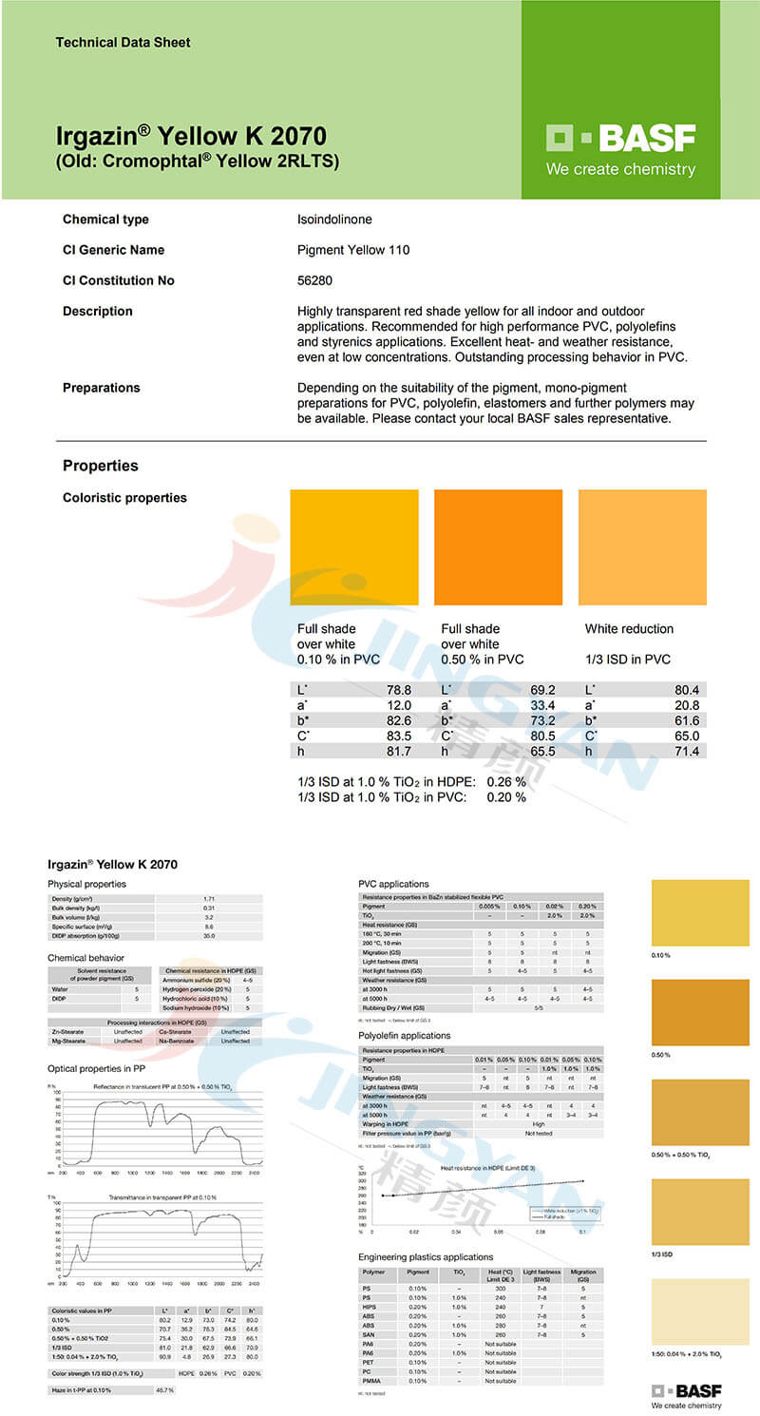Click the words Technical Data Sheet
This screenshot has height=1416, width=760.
(123, 43)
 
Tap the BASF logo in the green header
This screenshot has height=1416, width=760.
(620, 140)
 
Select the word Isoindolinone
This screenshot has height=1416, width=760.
(334, 220)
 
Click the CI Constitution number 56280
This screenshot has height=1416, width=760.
(315, 280)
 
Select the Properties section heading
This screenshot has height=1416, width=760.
(100, 466)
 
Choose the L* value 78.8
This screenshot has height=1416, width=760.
(398, 690)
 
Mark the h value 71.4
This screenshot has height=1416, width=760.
(686, 752)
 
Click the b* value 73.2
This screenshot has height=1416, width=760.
(542, 721)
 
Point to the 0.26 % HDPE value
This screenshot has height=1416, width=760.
(506, 782)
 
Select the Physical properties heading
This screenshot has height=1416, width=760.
(86, 884)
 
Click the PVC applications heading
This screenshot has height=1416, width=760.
(393, 884)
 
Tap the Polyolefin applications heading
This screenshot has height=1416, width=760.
(405, 1036)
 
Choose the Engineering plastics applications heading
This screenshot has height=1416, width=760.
(426, 1257)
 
